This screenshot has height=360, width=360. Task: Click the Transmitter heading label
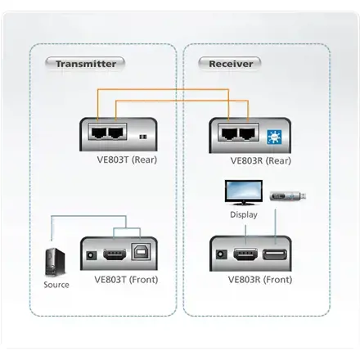(85, 63)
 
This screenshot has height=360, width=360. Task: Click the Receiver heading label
(231, 63)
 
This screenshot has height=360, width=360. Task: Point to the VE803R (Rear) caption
(261, 160)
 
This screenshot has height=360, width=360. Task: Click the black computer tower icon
(55, 261)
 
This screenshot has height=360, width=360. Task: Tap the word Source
(56, 285)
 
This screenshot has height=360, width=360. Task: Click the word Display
(243, 214)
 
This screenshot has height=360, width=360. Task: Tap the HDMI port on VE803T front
(115, 254)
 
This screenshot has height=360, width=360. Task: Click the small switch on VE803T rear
(144, 137)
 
